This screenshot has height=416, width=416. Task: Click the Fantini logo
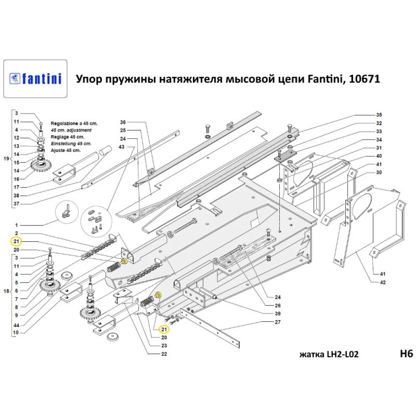pyautogui.click(x=35, y=79)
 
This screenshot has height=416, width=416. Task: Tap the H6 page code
pyautogui.click(x=406, y=354)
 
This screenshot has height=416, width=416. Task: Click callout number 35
pyautogui.click(x=379, y=114)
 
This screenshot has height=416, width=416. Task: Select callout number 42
pyautogui.click(x=383, y=282)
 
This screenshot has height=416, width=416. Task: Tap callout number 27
pyautogui.click(x=277, y=322)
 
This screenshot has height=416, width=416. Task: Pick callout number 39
pyautogui.click(x=277, y=313)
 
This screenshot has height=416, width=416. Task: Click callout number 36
pyautogui.click(x=122, y=122)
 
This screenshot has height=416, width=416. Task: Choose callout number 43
pyautogui.click(x=121, y=146)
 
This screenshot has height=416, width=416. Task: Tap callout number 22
pyautogui.click(x=164, y=354)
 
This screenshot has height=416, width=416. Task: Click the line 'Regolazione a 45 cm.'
pyautogui.click(x=73, y=124)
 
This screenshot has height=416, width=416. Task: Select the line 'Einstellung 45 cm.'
pyautogui.click(x=71, y=144)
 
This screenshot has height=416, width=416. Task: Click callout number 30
pyautogui.click(x=379, y=172)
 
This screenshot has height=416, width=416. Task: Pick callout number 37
pyautogui.click(x=16, y=204)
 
